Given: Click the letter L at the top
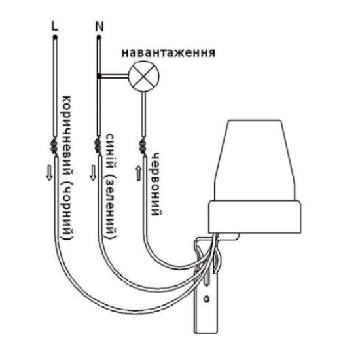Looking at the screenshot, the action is pos(54,26).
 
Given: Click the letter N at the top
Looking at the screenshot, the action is pos(99,26).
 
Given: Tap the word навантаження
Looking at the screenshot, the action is pos(168,52).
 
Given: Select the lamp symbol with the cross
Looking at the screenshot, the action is pos(144,76).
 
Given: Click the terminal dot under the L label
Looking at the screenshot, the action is pos(55,37).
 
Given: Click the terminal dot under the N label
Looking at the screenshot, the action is pos(99,37).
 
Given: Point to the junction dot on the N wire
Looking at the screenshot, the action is pos(99,76).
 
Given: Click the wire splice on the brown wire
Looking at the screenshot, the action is pos(54,147).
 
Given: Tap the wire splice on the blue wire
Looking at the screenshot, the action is pos(98,147).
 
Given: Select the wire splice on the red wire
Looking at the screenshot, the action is pos(143,147).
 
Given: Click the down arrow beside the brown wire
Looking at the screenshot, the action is pos(49,173).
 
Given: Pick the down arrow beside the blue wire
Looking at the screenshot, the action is pos(93,173).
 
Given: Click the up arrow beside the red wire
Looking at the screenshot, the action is pos(139,173).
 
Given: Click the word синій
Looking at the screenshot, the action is pos(111,151).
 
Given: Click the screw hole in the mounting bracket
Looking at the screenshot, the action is pos(206,299).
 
